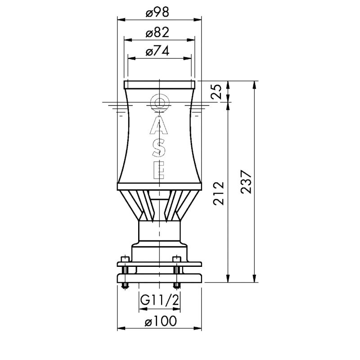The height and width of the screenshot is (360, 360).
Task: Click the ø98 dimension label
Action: coord(157,12)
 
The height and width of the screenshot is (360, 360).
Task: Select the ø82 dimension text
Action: coord(157,32)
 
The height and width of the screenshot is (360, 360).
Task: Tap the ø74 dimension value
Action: coord(157,51)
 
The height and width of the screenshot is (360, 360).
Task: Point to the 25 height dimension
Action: coord(216,92)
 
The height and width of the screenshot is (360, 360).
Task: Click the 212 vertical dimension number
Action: coord(218,193)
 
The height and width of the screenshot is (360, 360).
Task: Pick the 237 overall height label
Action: coord(247,182)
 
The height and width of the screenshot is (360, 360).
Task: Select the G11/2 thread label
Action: coord(160,300)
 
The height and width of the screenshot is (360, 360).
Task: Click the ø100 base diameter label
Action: coord(161,321)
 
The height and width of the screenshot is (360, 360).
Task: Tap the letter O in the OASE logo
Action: coord(160,103)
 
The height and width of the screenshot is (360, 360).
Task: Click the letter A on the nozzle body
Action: coord(159,125)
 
